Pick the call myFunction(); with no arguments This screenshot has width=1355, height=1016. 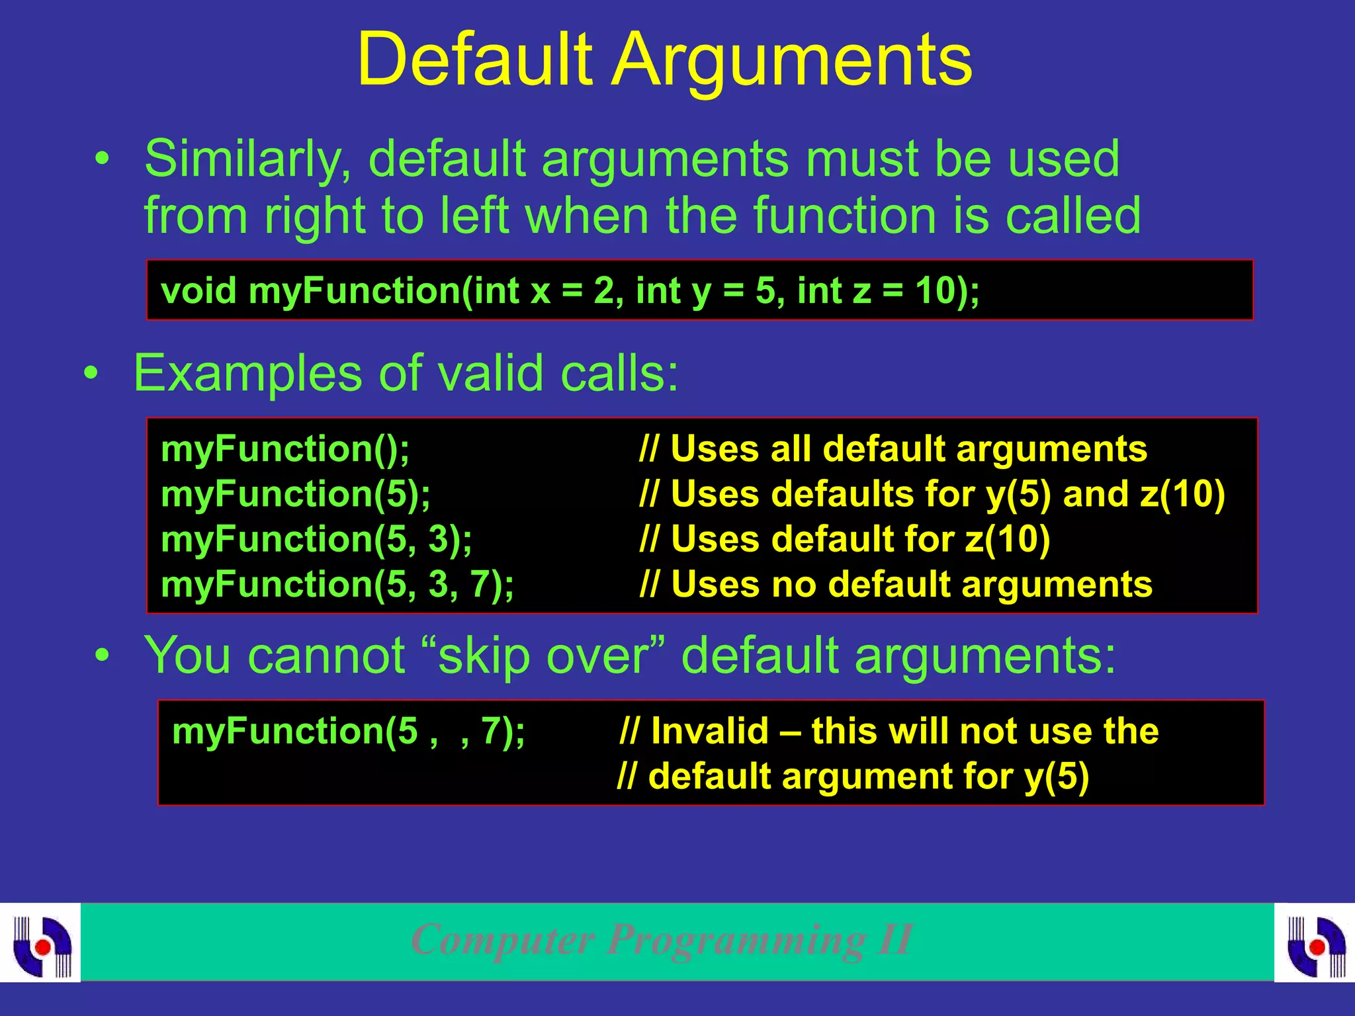point(285,449)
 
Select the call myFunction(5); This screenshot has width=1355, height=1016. point(296,494)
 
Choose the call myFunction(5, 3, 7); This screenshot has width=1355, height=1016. point(337,584)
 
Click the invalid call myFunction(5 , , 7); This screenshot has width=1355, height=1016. point(349,732)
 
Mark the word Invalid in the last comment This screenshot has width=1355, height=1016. point(709,732)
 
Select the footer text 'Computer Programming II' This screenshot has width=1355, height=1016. point(662,939)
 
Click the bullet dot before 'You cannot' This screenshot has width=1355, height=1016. point(101,656)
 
